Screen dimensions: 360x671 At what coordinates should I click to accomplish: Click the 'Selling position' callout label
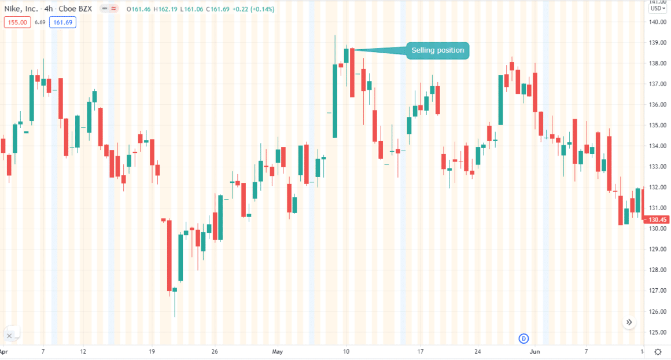pos(437,50)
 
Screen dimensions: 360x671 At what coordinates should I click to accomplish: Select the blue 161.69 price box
pos(62,23)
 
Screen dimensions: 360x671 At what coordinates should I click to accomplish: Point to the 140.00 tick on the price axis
pos(657,22)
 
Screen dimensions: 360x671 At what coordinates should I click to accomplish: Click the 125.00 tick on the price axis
pos(657,332)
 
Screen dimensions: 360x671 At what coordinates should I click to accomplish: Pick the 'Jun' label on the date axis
pos(535,351)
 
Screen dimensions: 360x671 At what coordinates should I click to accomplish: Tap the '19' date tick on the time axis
pos(152,351)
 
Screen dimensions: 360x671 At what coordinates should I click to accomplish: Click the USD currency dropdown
pos(657,8)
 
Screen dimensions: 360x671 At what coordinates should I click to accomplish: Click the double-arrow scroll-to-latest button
pos(630,322)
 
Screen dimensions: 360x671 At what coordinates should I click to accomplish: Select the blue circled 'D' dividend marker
pos(524,338)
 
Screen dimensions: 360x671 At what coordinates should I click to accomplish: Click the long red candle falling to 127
pos(169,255)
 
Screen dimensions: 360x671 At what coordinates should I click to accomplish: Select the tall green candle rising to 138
pos(335,101)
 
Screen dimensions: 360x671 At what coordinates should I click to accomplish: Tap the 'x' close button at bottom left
pos(9,336)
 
